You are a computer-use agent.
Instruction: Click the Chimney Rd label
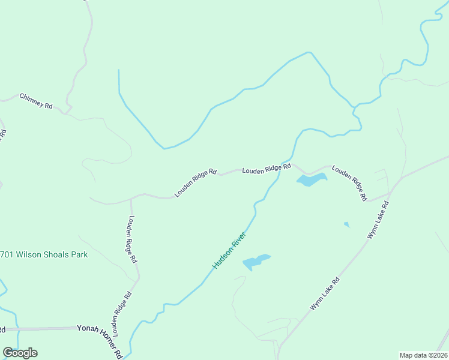pyautogui.click(x=36, y=100)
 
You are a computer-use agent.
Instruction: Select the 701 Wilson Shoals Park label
pyautogui.click(x=44, y=254)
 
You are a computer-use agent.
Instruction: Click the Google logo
pyautogui.click(x=20, y=353)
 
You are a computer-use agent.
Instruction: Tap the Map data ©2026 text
pyautogui.click(x=423, y=355)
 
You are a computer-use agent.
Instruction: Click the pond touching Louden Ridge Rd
pyautogui.click(x=312, y=179)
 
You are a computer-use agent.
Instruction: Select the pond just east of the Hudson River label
pyautogui.click(x=256, y=261)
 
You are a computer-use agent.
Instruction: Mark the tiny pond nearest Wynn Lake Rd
pyautogui.click(x=346, y=224)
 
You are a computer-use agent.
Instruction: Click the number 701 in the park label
pyautogui.click(x=8, y=254)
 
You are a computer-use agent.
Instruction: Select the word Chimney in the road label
pyautogui.click(x=32, y=98)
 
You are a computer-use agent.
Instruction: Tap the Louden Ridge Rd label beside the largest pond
pyautogui.click(x=349, y=184)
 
